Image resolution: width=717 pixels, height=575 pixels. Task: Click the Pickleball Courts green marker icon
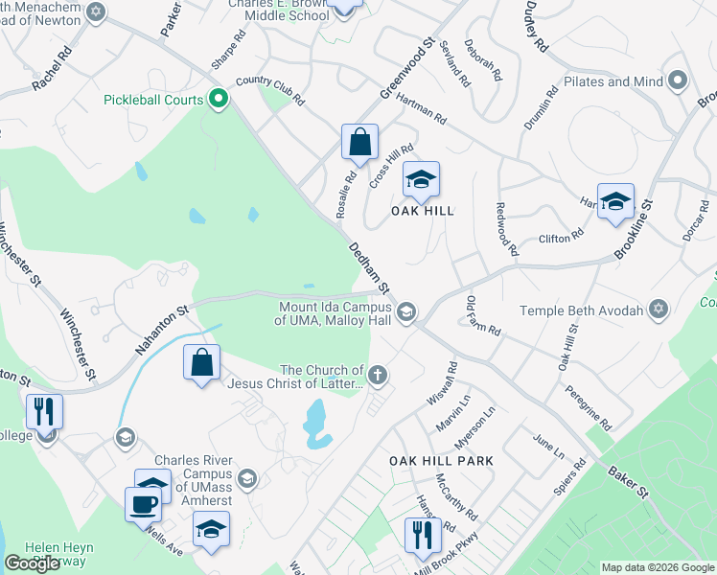(x=218, y=99)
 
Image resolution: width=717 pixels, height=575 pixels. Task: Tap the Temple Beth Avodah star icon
(x=658, y=310)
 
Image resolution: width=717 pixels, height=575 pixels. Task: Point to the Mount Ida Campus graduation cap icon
(x=406, y=310)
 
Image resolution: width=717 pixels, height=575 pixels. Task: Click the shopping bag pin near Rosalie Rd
(x=359, y=143)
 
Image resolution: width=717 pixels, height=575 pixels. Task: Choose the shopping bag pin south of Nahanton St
(x=201, y=362)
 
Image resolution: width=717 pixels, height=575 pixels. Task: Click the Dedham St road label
(x=368, y=267)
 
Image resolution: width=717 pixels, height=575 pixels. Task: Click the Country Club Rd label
(x=269, y=91)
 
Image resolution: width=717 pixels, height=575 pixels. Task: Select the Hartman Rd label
(x=421, y=111)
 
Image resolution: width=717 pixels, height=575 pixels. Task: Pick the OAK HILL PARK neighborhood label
(x=441, y=461)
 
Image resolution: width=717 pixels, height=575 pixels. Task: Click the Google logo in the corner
(x=33, y=563)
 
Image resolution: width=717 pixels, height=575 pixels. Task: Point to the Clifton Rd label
(x=562, y=237)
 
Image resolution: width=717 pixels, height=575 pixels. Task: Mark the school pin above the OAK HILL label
(x=421, y=179)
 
